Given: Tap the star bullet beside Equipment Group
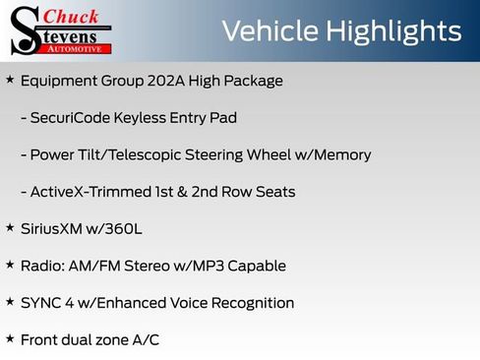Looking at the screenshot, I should [10, 80].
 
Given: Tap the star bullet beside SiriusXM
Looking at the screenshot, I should [10, 228].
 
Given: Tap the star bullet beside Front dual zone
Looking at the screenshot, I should [10, 338].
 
